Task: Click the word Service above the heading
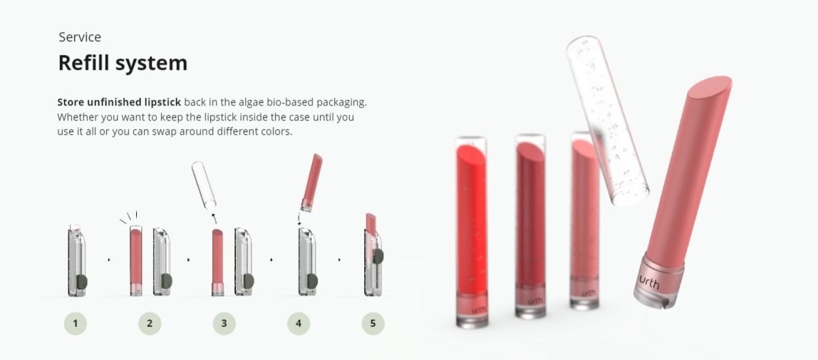(x=80, y=37)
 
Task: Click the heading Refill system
(x=123, y=63)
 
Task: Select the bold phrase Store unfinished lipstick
(x=119, y=102)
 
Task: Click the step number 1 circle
(x=75, y=324)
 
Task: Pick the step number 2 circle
(x=150, y=324)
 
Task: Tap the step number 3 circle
(x=224, y=324)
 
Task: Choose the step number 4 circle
(x=299, y=324)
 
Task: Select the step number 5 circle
(x=373, y=324)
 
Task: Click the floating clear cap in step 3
(x=204, y=185)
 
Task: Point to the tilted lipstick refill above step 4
(x=312, y=182)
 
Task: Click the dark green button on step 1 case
(x=82, y=282)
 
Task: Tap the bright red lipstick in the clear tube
(x=472, y=219)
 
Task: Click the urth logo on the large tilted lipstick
(x=649, y=282)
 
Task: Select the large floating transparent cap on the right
(x=606, y=120)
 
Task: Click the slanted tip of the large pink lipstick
(x=710, y=87)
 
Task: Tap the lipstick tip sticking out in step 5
(x=371, y=225)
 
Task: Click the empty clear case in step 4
(x=308, y=262)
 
